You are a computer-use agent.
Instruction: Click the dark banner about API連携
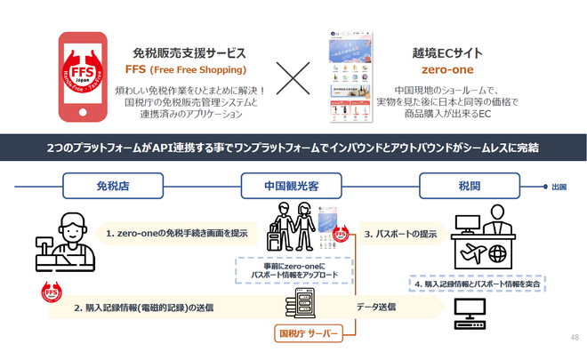pyautogui.click(x=293, y=145)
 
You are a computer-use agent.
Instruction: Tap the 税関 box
pyautogui.click(x=467, y=188)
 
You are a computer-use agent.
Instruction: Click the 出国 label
pyautogui.click(x=559, y=188)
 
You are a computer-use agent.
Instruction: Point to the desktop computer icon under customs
pyautogui.click(x=469, y=313)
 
